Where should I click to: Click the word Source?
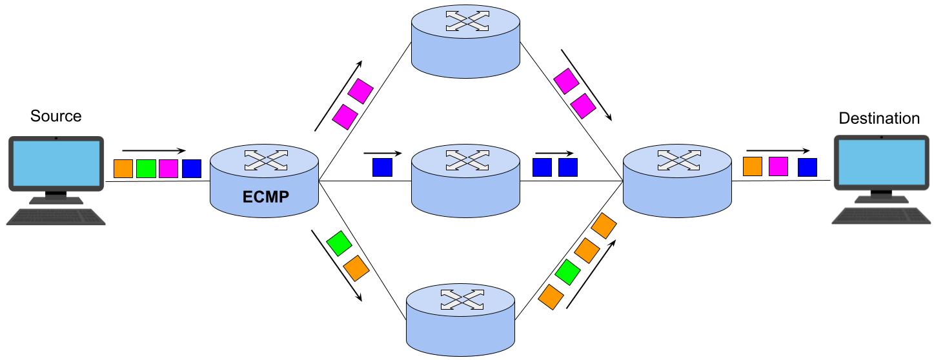(56, 116)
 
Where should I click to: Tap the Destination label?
(878, 118)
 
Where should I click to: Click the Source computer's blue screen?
(56, 164)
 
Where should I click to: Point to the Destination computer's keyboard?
(881, 215)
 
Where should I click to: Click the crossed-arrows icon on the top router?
(465, 21)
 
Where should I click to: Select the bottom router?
(460, 320)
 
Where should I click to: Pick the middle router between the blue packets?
(465, 181)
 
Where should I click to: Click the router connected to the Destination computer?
(677, 181)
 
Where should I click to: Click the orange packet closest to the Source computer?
(123, 168)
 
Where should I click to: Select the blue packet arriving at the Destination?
(807, 167)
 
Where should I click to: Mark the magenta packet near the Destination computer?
(778, 166)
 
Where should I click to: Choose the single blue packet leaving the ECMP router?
(382, 168)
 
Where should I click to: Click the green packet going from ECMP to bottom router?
(340, 243)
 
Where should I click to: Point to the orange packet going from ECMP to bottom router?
(356, 268)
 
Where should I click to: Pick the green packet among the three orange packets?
(568, 272)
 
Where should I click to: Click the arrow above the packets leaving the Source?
(154, 151)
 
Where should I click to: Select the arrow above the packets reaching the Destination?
(778, 150)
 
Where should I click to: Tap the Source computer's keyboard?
(56, 216)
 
